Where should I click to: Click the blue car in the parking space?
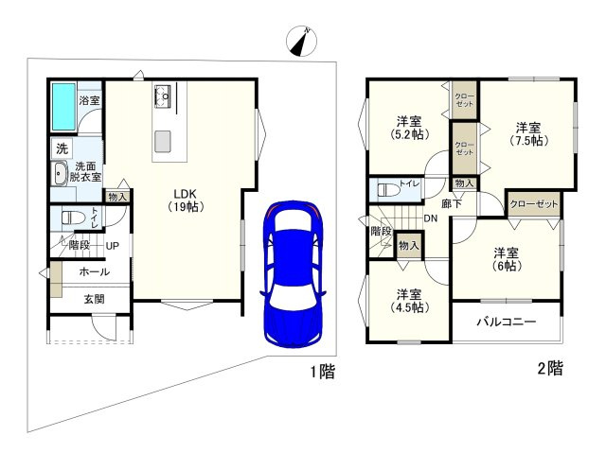tap(293, 274)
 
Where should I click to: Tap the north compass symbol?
tap(301, 41)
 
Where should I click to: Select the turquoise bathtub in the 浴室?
tap(63, 107)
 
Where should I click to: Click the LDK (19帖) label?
tap(186, 200)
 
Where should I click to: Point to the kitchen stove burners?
tap(163, 96)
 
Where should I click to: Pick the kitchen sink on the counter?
tap(163, 141)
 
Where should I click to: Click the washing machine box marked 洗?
tap(62, 148)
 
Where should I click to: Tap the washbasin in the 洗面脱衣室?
tap(59, 174)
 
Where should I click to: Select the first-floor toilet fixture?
tap(73, 218)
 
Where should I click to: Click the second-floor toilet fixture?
tap(388, 190)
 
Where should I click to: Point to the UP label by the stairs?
tap(112, 245)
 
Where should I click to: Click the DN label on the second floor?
tap(431, 218)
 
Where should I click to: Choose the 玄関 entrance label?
tap(94, 299)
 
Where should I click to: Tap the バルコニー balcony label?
tap(506, 322)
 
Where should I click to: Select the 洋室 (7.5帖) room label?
tap(528, 133)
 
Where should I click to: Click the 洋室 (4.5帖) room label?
tap(409, 301)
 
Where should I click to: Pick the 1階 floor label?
tap(323, 372)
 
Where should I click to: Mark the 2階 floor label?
tap(550, 368)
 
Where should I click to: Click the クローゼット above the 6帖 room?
tap(534, 204)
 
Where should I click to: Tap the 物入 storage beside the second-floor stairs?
tap(408, 245)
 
